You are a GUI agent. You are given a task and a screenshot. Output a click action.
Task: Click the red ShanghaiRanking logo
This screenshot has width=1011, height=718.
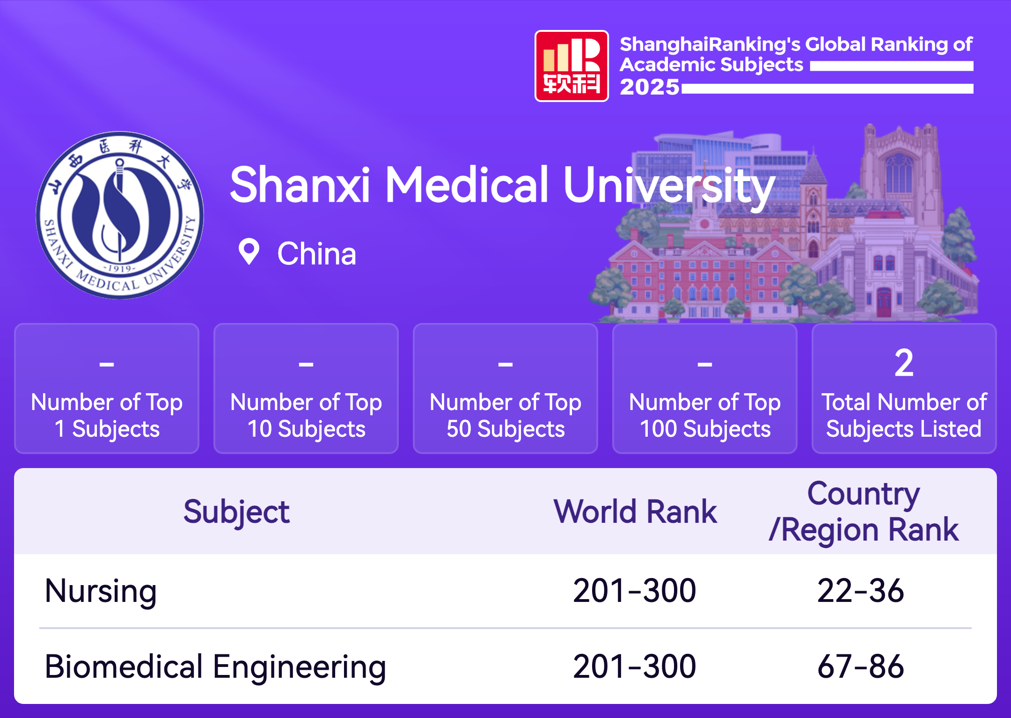coord(571,66)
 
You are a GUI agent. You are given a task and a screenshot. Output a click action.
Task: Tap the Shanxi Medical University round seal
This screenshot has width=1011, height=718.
coord(120,215)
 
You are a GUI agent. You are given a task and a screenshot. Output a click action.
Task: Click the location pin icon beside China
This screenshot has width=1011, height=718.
coord(249,252)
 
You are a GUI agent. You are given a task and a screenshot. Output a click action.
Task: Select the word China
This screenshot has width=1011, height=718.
coord(317,254)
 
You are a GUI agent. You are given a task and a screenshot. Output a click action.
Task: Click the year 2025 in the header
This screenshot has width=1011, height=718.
coord(650,87)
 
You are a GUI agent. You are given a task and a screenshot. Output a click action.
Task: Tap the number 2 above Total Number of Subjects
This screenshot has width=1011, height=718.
coord(904,363)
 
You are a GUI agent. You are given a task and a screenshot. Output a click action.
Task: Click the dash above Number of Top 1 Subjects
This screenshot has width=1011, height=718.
coord(107,364)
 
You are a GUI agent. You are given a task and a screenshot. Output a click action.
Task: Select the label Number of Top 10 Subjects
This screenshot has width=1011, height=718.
coord(306,416)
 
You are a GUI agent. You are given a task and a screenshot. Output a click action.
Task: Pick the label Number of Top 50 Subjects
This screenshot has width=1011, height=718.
coord(505,416)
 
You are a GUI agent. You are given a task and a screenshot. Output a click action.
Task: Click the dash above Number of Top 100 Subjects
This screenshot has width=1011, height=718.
coord(705,364)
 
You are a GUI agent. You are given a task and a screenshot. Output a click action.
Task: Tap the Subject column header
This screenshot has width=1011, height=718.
coord(236,512)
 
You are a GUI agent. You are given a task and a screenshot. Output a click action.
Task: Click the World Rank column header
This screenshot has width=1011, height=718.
coord(635,512)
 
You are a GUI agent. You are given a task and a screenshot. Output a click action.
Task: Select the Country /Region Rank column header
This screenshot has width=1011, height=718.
coord(864,512)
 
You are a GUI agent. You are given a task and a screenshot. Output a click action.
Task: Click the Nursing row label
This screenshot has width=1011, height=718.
coord(101,591)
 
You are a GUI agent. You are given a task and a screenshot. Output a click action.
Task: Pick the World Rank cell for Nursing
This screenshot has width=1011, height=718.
coord(635,591)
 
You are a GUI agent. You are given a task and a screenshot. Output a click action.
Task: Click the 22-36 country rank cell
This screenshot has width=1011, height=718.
coord(861,591)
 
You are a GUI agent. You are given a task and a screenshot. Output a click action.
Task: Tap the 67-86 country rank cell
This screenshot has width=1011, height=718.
coord(861,667)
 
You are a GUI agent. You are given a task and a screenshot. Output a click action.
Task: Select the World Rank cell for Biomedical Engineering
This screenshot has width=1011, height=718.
coord(635,667)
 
